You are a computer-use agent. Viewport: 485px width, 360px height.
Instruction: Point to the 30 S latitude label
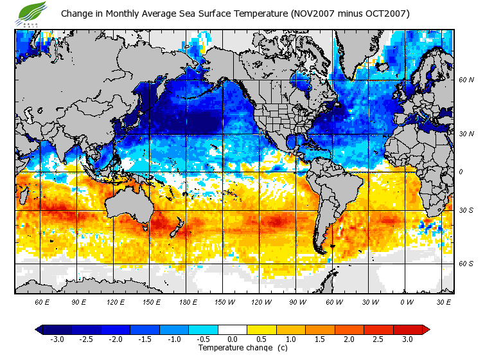click(466, 210)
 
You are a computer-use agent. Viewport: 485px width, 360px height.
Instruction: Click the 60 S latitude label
click(466, 264)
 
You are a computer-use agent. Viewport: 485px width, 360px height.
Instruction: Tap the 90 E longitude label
click(78, 301)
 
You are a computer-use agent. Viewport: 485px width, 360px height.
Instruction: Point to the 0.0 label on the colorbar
click(233, 339)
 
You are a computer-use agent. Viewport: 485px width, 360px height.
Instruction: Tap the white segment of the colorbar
click(233, 329)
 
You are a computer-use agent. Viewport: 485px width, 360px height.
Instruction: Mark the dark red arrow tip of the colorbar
click(425, 329)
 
